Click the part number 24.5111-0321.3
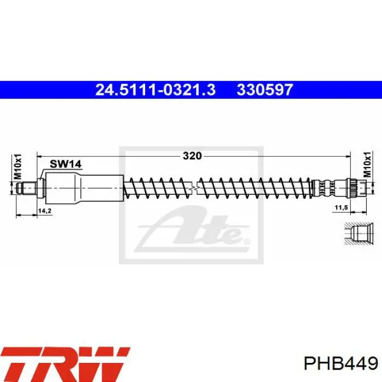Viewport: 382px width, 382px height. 156,89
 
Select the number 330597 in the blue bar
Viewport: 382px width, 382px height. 265,89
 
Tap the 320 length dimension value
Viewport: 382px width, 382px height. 193,156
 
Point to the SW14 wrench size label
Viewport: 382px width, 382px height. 65,164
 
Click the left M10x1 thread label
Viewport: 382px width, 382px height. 17,166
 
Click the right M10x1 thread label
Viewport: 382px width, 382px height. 367,164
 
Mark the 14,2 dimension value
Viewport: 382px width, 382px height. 45,211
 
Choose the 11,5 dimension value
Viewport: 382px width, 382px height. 341,207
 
